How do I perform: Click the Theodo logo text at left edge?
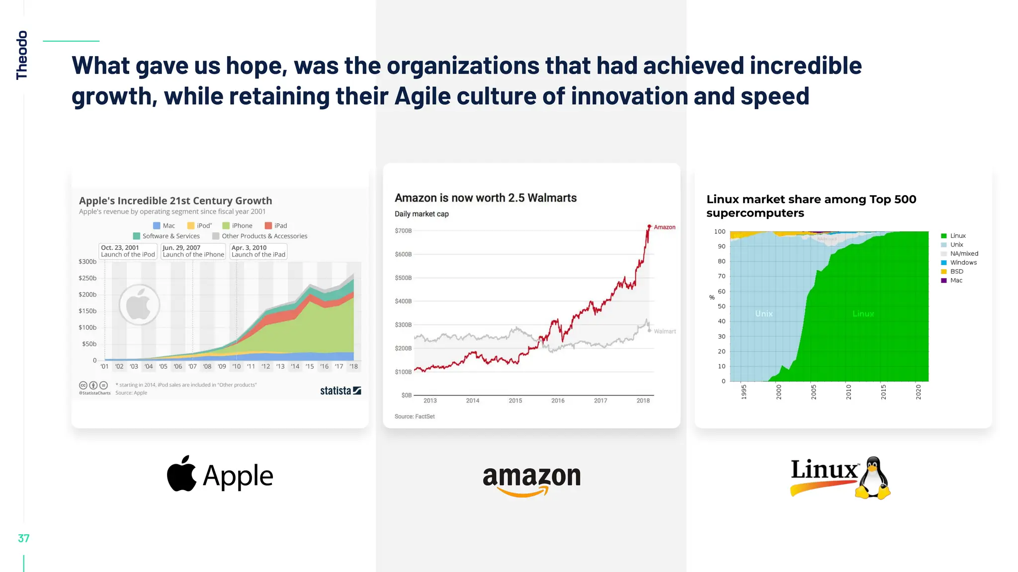[x=21, y=55]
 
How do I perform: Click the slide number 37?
[x=23, y=538]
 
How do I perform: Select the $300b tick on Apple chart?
[x=87, y=262]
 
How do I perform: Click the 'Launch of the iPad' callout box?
[x=258, y=251]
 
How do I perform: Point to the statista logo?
[x=340, y=391]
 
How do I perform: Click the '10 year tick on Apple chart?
[x=237, y=367]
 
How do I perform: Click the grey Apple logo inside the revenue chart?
[x=139, y=305]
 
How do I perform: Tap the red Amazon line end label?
[x=664, y=227]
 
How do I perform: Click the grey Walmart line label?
[x=665, y=332]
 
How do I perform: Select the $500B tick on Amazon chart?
[x=403, y=278]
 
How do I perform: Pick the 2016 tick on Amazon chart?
[x=558, y=401]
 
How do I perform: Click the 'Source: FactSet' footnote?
[x=415, y=417]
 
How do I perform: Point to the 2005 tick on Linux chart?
[x=814, y=392]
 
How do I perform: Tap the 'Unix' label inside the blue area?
[x=764, y=314]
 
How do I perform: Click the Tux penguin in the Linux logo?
[x=873, y=478]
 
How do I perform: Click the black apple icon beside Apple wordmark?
[x=181, y=474]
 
